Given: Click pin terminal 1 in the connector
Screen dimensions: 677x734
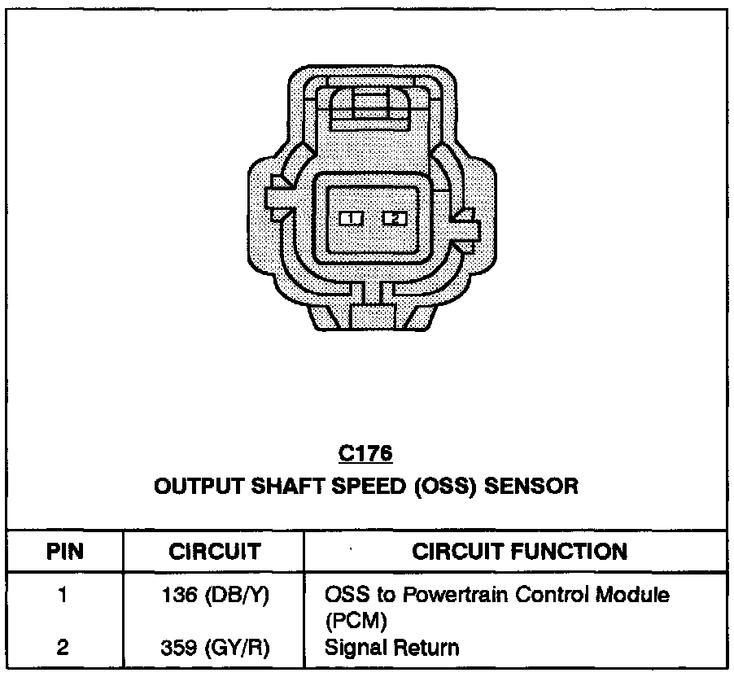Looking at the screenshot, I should pos(350,218).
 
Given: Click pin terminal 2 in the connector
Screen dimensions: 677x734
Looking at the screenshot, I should pos(394,218).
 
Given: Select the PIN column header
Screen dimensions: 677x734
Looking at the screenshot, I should pos(65,552).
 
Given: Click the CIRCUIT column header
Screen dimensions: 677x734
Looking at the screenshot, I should pos(214,552).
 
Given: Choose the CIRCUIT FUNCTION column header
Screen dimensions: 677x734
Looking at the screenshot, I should pos(520,552).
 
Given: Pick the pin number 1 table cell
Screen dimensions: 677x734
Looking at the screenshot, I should pos(63,595).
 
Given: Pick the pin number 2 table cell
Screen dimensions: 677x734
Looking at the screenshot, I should pos(63,648).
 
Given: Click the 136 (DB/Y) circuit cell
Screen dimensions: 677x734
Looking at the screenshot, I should pos(215,595).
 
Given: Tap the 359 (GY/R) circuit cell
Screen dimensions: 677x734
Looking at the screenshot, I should pos(215,648).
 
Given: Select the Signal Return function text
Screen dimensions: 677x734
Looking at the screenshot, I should pos(391,648).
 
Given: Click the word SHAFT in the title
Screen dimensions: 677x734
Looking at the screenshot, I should pos(272,487).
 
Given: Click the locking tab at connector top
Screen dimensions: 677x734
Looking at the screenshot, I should pos(371,107).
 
